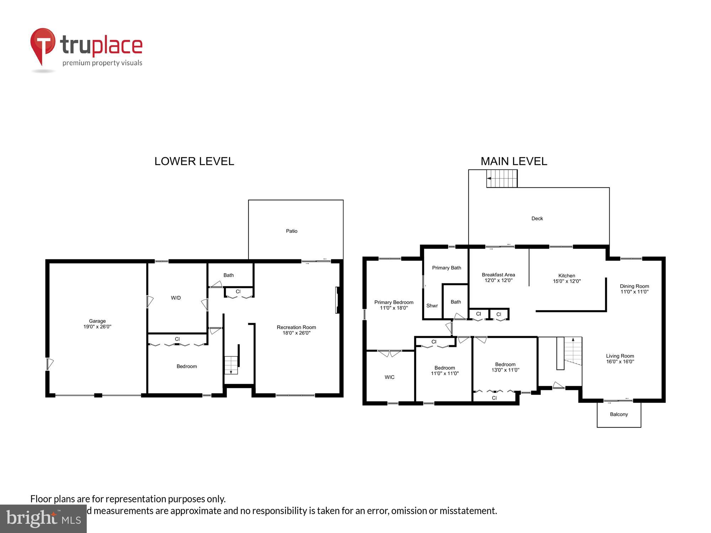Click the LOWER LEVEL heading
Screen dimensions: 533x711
pyautogui.click(x=194, y=161)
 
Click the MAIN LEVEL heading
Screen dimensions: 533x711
pyautogui.click(x=514, y=161)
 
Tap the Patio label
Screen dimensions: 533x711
pyautogui.click(x=292, y=231)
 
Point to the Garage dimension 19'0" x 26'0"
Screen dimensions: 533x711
pyautogui.click(x=97, y=327)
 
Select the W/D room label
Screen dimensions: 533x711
pyautogui.click(x=176, y=298)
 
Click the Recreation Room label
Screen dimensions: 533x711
pyautogui.click(x=296, y=327)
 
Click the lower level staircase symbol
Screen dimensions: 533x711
pyautogui.click(x=231, y=365)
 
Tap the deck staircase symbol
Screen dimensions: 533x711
pyautogui.click(x=502, y=178)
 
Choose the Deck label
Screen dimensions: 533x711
pyautogui.click(x=537, y=219)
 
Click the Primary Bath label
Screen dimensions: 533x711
pyautogui.click(x=447, y=268)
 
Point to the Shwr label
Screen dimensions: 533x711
pyautogui.click(x=432, y=306)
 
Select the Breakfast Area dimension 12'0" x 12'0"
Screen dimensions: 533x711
pyautogui.click(x=498, y=280)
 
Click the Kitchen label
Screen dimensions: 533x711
pyautogui.click(x=567, y=275)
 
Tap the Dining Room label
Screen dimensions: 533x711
pyautogui.click(x=634, y=286)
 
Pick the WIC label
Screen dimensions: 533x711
pyautogui.click(x=390, y=377)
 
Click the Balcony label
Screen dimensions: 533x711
pyautogui.click(x=619, y=414)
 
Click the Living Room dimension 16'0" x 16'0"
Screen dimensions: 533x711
pyautogui.click(x=620, y=362)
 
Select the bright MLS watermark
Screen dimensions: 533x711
pyautogui.click(x=43, y=519)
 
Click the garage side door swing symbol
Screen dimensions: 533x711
pyautogui.click(x=50, y=364)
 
